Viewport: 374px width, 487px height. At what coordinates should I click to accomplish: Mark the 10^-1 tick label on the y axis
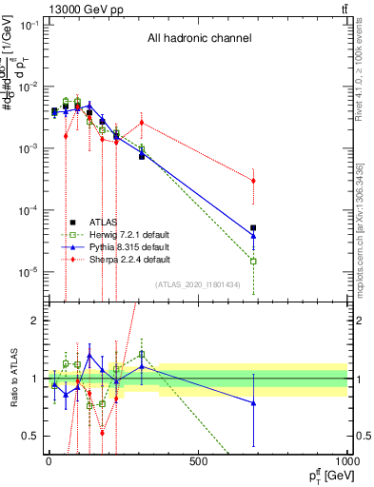coord(27,25)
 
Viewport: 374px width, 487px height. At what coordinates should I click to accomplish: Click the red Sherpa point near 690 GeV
coord(253,181)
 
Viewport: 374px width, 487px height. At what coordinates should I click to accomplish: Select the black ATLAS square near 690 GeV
coord(253,228)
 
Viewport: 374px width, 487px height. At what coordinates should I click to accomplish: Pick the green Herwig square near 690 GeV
coord(253,261)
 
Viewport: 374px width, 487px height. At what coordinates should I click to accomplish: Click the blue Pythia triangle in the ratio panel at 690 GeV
coord(253,403)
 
